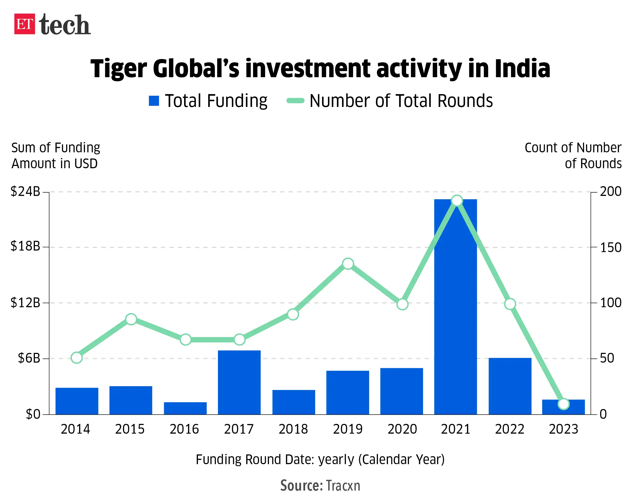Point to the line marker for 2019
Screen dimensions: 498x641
click(x=348, y=264)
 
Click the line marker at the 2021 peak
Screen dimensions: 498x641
click(x=457, y=201)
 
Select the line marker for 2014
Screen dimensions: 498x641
click(x=77, y=358)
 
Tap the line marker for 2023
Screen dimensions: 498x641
click(x=564, y=404)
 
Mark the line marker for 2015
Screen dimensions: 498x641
click(x=131, y=319)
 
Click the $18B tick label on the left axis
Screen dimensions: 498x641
click(x=25, y=246)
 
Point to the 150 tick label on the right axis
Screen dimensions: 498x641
click(x=610, y=248)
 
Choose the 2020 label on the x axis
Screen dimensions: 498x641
click(x=402, y=429)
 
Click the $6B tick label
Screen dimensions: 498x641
click(x=29, y=358)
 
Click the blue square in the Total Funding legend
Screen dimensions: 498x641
click(x=154, y=101)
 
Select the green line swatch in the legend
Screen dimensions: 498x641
click(x=295, y=101)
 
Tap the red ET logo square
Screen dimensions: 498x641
click(x=25, y=24)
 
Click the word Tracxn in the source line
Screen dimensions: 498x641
click(x=343, y=486)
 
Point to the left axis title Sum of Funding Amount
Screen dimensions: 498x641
click(x=55, y=156)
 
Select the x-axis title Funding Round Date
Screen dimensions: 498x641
click(x=320, y=459)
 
